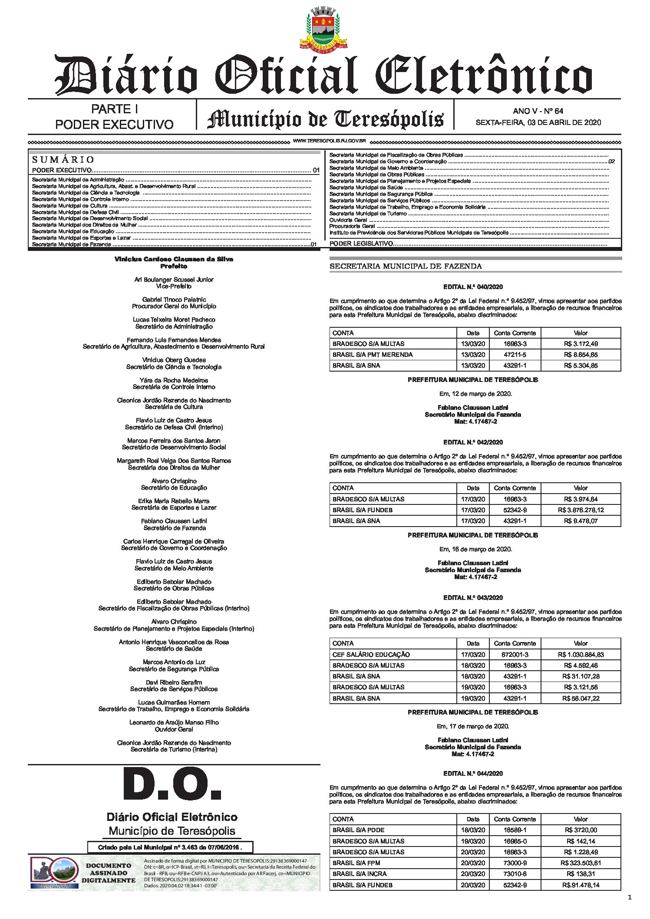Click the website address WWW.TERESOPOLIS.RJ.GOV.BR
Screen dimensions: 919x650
point(330,141)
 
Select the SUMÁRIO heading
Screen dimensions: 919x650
point(63,159)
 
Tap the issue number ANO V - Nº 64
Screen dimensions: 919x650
point(538,111)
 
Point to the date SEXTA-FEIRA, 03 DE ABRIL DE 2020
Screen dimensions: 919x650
point(538,122)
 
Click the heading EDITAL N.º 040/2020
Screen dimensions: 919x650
point(473,287)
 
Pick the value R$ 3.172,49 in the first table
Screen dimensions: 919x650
point(581,344)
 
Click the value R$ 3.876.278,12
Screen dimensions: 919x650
point(581,510)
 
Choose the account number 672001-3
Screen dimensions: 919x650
point(515,655)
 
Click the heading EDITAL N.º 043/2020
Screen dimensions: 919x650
point(473,598)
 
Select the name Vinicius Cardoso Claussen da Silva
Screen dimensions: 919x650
point(174,259)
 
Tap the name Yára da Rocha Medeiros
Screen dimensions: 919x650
point(174,380)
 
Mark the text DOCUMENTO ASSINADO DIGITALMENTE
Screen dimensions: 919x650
point(109,873)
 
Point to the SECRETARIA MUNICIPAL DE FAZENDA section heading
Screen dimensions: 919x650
point(406,266)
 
